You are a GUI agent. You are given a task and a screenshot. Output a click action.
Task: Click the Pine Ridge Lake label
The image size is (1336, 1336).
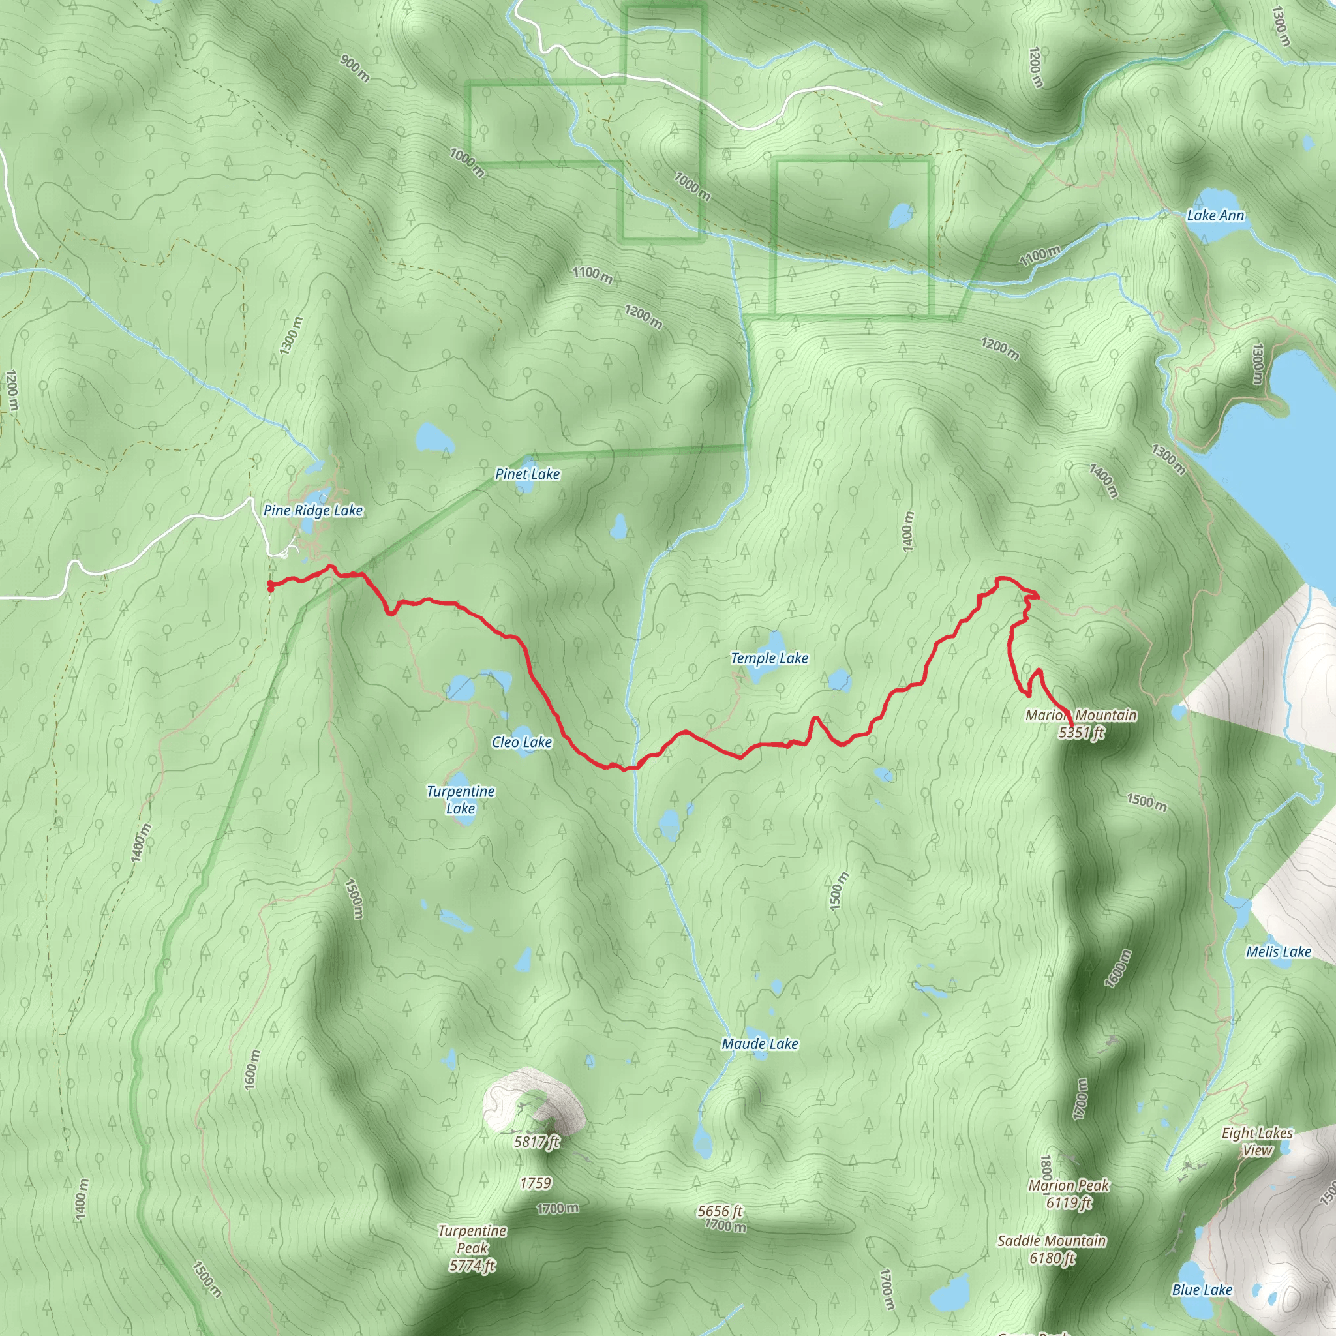[x=312, y=510]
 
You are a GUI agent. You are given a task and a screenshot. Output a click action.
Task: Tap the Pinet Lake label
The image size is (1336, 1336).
[x=527, y=474]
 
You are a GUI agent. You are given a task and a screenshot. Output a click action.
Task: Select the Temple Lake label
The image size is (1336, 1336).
[x=769, y=658]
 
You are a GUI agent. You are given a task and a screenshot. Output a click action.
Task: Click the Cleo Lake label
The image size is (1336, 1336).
[x=521, y=742]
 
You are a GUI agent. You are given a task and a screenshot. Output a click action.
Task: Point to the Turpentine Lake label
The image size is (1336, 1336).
[x=461, y=799]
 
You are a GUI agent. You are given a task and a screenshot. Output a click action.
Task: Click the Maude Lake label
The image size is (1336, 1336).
[x=759, y=1044]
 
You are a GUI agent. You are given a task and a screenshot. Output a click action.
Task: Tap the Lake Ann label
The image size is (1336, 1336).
[x=1215, y=215]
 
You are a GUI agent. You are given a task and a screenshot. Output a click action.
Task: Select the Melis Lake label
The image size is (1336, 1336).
[x=1278, y=952]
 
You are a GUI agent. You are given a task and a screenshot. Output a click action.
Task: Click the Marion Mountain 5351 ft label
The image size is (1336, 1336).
[x=1081, y=723]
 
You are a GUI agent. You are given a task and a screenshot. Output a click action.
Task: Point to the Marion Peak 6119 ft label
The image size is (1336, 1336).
[x=1069, y=1194]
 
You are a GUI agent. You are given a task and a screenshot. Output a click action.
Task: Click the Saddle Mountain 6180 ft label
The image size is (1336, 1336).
[x=1052, y=1249]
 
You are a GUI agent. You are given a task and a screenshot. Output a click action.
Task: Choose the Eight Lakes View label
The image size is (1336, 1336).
[x=1256, y=1141]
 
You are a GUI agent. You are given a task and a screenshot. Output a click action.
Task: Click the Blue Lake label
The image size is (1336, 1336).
[x=1202, y=1290]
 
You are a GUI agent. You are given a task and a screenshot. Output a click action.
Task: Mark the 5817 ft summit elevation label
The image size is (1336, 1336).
[x=536, y=1142]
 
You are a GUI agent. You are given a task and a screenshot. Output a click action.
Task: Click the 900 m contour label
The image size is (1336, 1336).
[x=355, y=68]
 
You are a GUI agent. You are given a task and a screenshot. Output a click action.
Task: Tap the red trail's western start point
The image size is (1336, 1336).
[x=269, y=586]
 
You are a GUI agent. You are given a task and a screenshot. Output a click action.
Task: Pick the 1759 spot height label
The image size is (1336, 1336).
[x=535, y=1183]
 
